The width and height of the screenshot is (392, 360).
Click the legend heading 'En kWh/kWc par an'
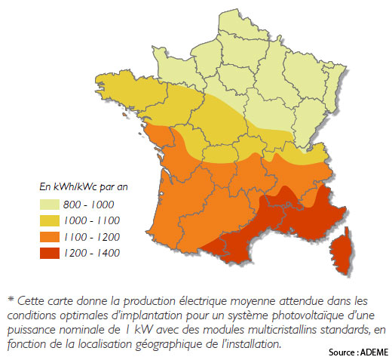(x=81, y=186)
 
